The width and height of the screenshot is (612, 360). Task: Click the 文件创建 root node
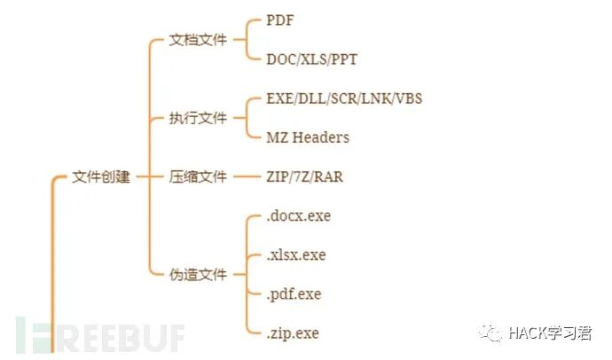pyautogui.click(x=101, y=177)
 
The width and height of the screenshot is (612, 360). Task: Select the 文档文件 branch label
pyautogui.click(x=198, y=40)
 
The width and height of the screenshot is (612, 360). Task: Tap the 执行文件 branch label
pyautogui.click(x=198, y=118)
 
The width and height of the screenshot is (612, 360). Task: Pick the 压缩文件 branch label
pyautogui.click(x=198, y=177)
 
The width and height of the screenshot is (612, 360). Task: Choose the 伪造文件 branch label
pyautogui.click(x=198, y=274)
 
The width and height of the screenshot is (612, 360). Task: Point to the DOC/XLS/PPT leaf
pyautogui.click(x=312, y=59)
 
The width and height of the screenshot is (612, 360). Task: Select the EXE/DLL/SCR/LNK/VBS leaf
pyautogui.click(x=344, y=98)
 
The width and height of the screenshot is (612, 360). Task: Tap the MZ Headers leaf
pyautogui.click(x=308, y=137)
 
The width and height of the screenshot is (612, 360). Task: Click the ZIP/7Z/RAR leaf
pyautogui.click(x=304, y=177)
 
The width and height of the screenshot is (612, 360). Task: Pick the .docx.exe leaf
pyautogui.click(x=298, y=215)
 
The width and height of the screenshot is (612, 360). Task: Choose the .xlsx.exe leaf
pyautogui.click(x=296, y=254)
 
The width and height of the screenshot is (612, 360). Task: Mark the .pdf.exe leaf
pyautogui.click(x=294, y=293)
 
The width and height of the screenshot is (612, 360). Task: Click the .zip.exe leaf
pyautogui.click(x=292, y=333)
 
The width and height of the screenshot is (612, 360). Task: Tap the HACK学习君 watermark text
pyautogui.click(x=549, y=333)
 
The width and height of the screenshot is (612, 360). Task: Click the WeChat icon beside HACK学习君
pyautogui.click(x=492, y=333)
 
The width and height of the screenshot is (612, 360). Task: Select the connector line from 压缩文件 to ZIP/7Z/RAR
pyautogui.click(x=245, y=177)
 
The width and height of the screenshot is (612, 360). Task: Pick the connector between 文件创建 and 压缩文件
pyautogui.click(x=147, y=177)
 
